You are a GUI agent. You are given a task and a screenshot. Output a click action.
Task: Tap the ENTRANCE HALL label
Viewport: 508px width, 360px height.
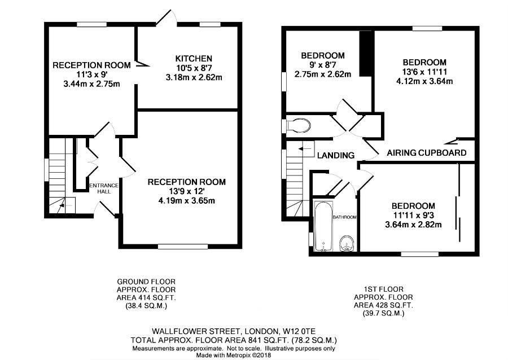104,188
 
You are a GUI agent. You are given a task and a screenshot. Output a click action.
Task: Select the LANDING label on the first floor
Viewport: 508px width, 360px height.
335,155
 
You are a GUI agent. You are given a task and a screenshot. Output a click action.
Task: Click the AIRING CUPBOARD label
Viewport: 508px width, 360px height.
427,153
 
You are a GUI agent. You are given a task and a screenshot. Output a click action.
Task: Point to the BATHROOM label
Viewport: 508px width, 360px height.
344,217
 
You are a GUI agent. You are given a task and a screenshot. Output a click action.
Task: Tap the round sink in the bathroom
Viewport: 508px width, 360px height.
347,243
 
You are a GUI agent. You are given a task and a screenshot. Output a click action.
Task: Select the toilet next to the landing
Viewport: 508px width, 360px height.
300,125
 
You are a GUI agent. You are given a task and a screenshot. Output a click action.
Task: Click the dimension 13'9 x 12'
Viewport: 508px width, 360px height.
186,191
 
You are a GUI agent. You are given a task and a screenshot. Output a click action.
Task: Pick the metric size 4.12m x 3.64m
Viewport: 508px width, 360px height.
424,81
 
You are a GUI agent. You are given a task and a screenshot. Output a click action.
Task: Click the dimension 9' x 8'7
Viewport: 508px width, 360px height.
322,64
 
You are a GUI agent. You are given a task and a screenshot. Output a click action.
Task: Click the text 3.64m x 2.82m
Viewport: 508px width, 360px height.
414,225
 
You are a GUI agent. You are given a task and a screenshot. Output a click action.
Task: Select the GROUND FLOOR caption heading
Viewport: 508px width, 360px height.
146,281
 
